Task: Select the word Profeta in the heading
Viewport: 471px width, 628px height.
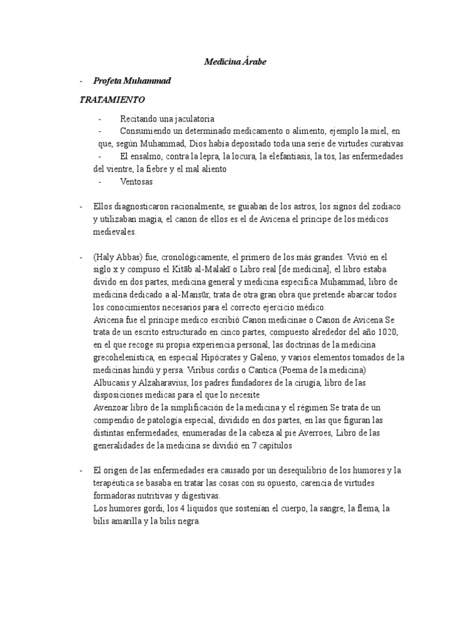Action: point(106,81)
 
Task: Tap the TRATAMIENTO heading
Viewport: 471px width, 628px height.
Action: point(112,99)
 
